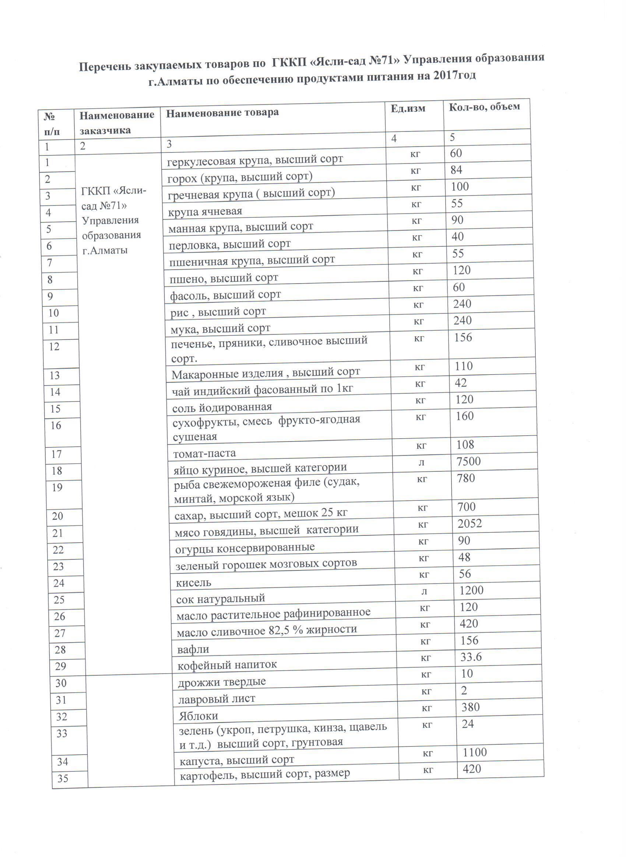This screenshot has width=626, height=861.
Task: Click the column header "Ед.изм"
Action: pos(408,109)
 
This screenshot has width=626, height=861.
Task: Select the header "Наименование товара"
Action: pos(222,113)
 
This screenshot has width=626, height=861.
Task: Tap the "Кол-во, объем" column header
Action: pos(484,107)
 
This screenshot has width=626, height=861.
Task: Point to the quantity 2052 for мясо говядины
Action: pos(469,524)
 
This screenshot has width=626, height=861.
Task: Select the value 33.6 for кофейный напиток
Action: pos(471,657)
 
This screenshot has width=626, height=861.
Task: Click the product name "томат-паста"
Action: pos(204,453)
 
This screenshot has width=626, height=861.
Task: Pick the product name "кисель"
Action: pos(193,582)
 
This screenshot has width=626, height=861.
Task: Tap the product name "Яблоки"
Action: pos(198,716)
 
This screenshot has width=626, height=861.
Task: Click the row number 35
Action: pos(63,779)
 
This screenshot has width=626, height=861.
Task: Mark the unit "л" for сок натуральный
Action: pos(424,591)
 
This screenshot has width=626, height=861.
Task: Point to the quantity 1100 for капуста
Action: pos(475,752)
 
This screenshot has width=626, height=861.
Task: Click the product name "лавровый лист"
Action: pos(217,699)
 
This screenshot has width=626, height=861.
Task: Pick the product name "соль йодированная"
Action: pos(222,407)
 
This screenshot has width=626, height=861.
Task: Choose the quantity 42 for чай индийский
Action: pos(461,383)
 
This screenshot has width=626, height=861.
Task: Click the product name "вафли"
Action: pos(193,650)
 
